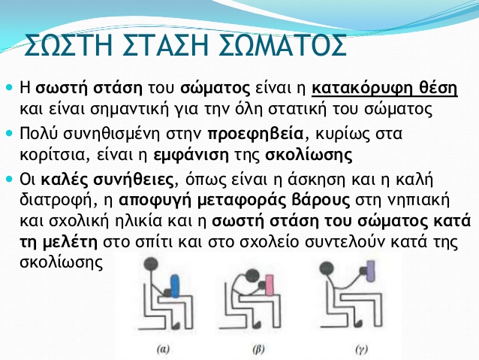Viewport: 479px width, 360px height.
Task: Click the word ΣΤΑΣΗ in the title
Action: (167, 45)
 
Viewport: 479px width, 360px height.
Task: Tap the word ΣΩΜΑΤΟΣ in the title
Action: (283, 45)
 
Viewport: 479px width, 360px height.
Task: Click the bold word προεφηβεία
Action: (255, 135)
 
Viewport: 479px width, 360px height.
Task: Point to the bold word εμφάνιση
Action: (191, 155)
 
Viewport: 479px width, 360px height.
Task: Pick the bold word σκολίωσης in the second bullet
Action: (309, 155)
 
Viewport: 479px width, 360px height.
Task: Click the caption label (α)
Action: (163, 349)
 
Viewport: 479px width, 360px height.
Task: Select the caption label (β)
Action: (258, 349)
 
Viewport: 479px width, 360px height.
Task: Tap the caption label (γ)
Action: (361, 349)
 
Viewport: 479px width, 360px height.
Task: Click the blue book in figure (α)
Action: (175, 286)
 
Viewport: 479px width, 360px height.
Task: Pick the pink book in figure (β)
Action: (270, 285)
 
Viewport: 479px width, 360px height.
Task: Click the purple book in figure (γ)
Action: (371, 271)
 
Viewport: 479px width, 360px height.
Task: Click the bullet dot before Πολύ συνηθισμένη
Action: (10, 133)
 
